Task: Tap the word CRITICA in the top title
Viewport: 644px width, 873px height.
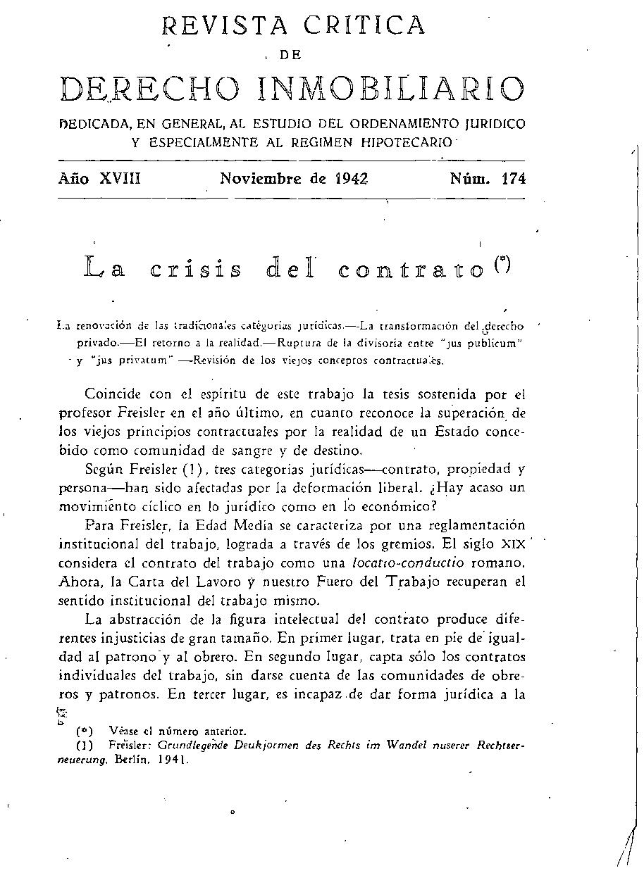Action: click(x=366, y=25)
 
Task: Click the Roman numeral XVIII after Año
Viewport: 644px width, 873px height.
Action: click(x=120, y=179)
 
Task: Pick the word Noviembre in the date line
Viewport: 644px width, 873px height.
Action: click(x=262, y=179)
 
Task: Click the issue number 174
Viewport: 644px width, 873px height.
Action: click(x=513, y=179)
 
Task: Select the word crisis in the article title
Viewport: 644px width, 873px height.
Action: click(x=197, y=269)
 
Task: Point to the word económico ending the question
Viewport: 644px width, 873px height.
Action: click(x=399, y=506)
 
